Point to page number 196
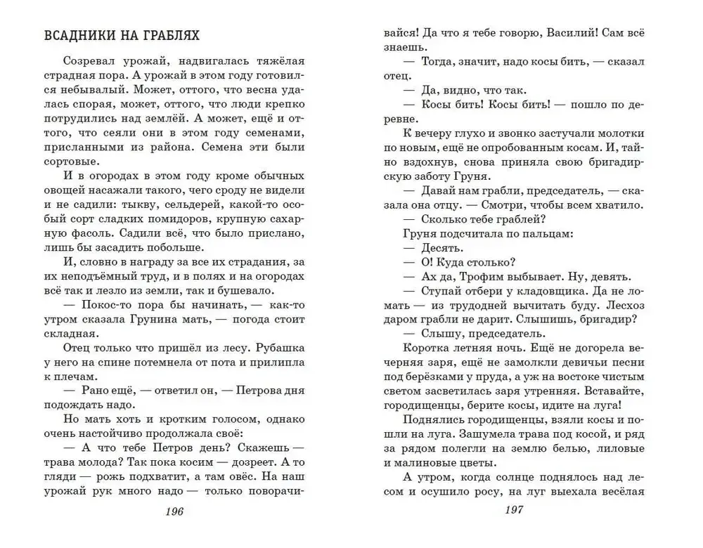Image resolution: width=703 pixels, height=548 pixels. pos(173,511)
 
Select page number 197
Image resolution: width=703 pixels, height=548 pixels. pos(516,509)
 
